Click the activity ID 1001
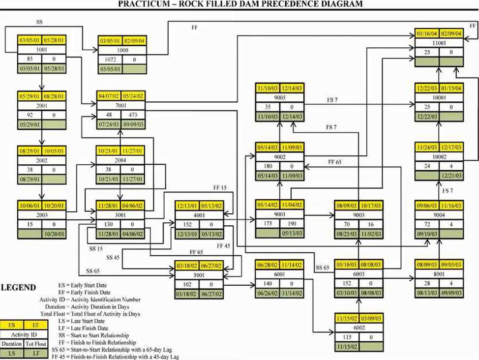[x=42, y=50]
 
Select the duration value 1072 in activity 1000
[x=110, y=60]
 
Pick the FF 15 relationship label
[x=220, y=188]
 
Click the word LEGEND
[x=19, y=288]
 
